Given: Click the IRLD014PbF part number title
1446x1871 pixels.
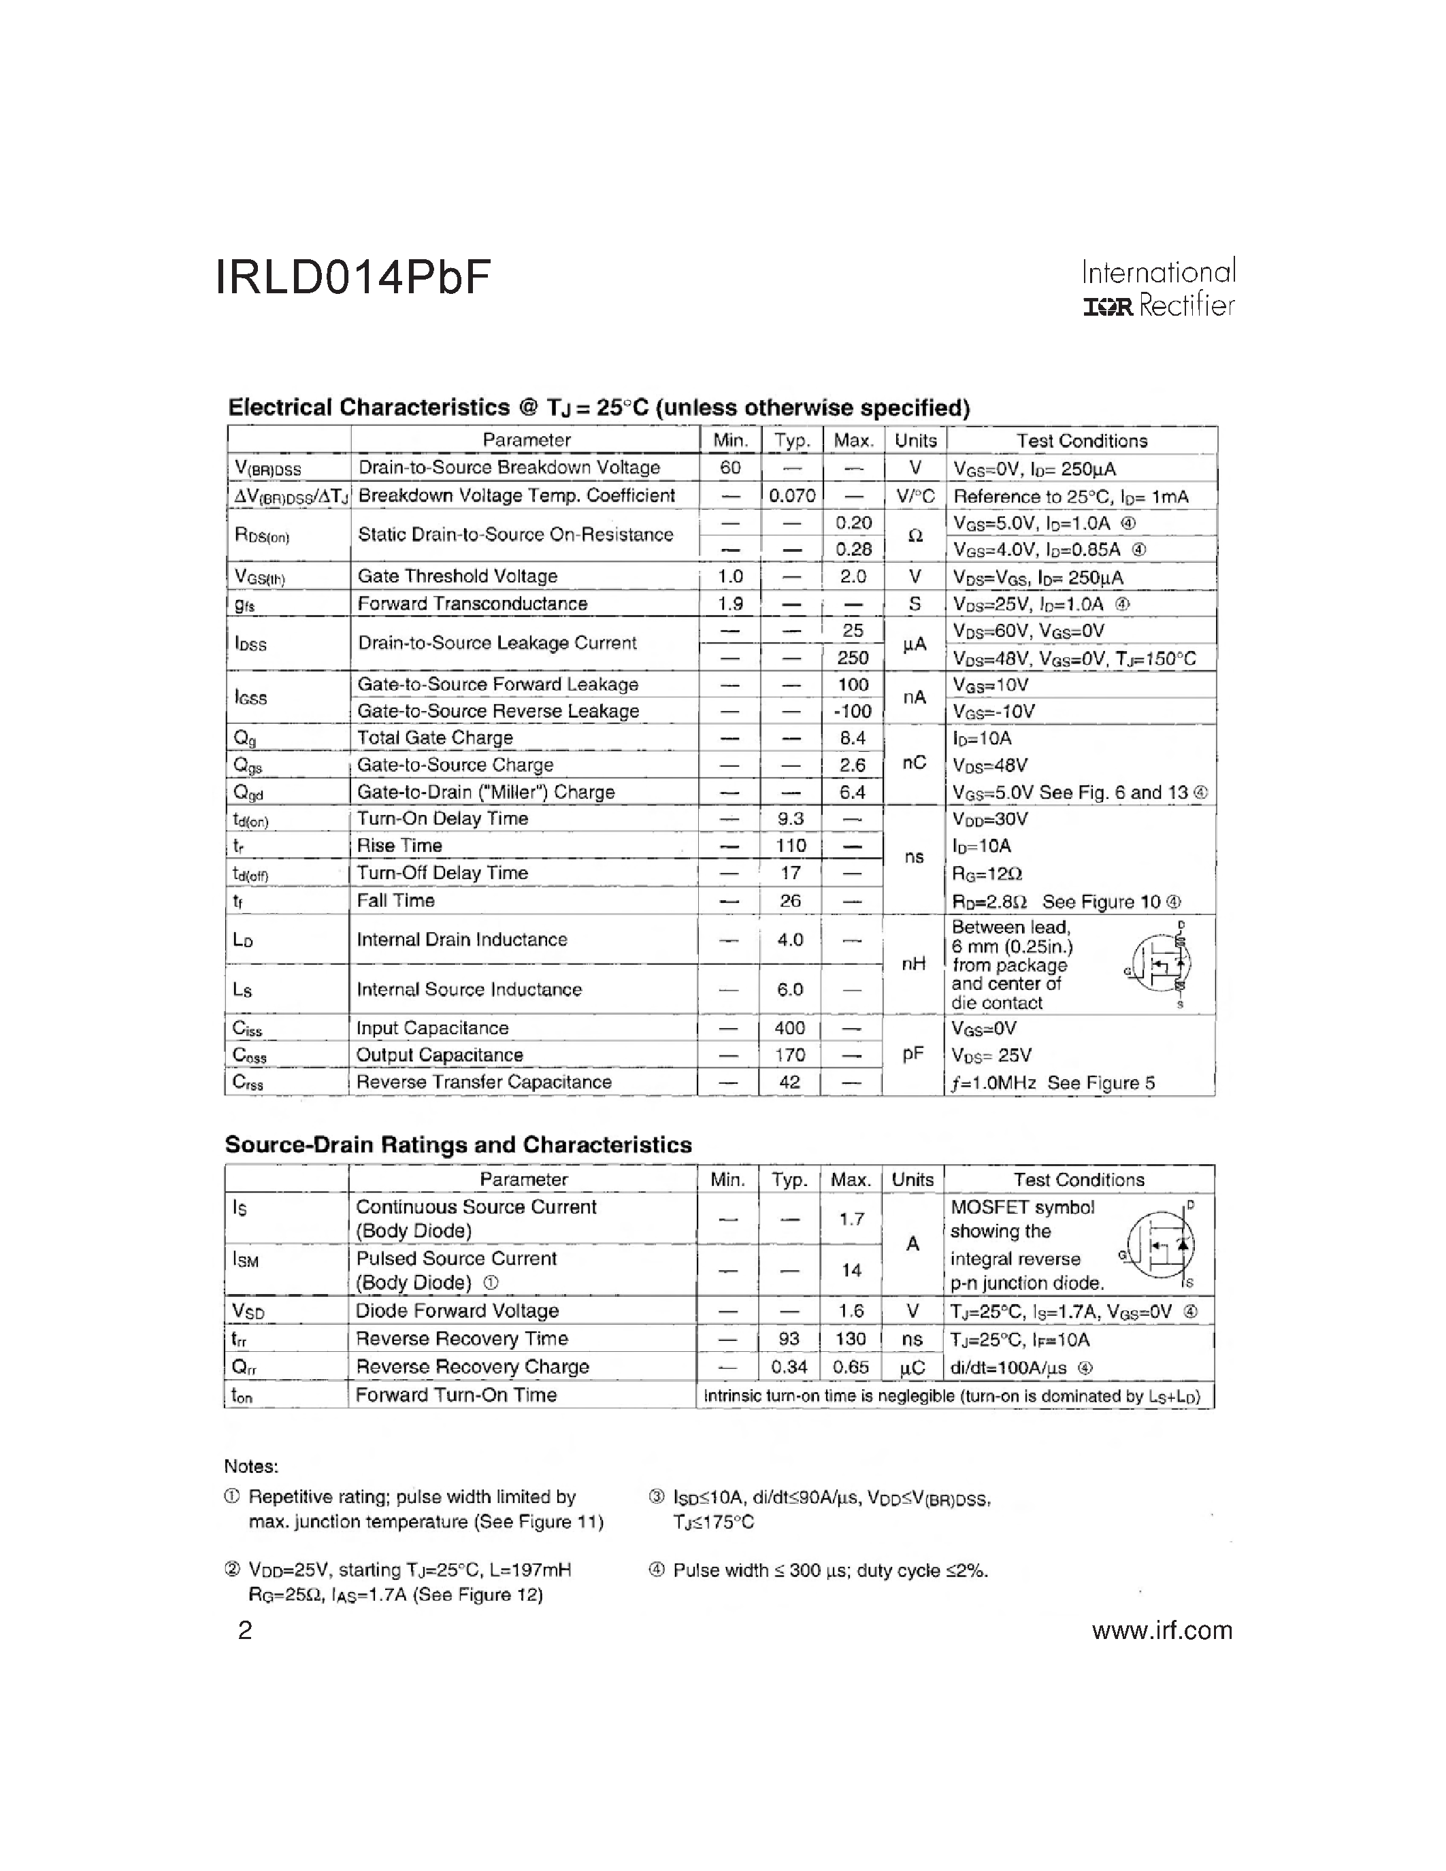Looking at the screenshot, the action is point(353,277).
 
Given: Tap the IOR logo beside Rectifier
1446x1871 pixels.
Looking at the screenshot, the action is point(1108,307).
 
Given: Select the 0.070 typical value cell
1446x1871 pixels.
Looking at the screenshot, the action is point(791,495).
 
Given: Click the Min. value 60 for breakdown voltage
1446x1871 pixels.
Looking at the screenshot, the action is point(730,468).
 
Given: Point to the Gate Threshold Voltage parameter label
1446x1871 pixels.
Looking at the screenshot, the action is point(457,576).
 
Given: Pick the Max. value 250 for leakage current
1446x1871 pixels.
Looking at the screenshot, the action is point(853,657).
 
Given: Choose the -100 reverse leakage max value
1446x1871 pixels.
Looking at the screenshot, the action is point(853,711).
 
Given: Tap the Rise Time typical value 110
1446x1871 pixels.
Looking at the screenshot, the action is point(791,846).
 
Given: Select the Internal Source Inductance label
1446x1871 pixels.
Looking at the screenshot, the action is point(469,989).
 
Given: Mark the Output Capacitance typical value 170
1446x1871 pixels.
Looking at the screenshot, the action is point(790,1055).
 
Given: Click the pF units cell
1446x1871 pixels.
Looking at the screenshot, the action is point(913,1054).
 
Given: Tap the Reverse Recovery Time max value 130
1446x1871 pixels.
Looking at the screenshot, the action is point(850,1339).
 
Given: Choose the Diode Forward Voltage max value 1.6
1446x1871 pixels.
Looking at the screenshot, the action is point(851,1311).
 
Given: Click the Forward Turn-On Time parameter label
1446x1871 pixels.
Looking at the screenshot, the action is point(456,1395).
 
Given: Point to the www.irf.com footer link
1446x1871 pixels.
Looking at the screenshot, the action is point(1162,1630).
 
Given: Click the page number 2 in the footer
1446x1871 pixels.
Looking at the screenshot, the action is point(245,1630).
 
